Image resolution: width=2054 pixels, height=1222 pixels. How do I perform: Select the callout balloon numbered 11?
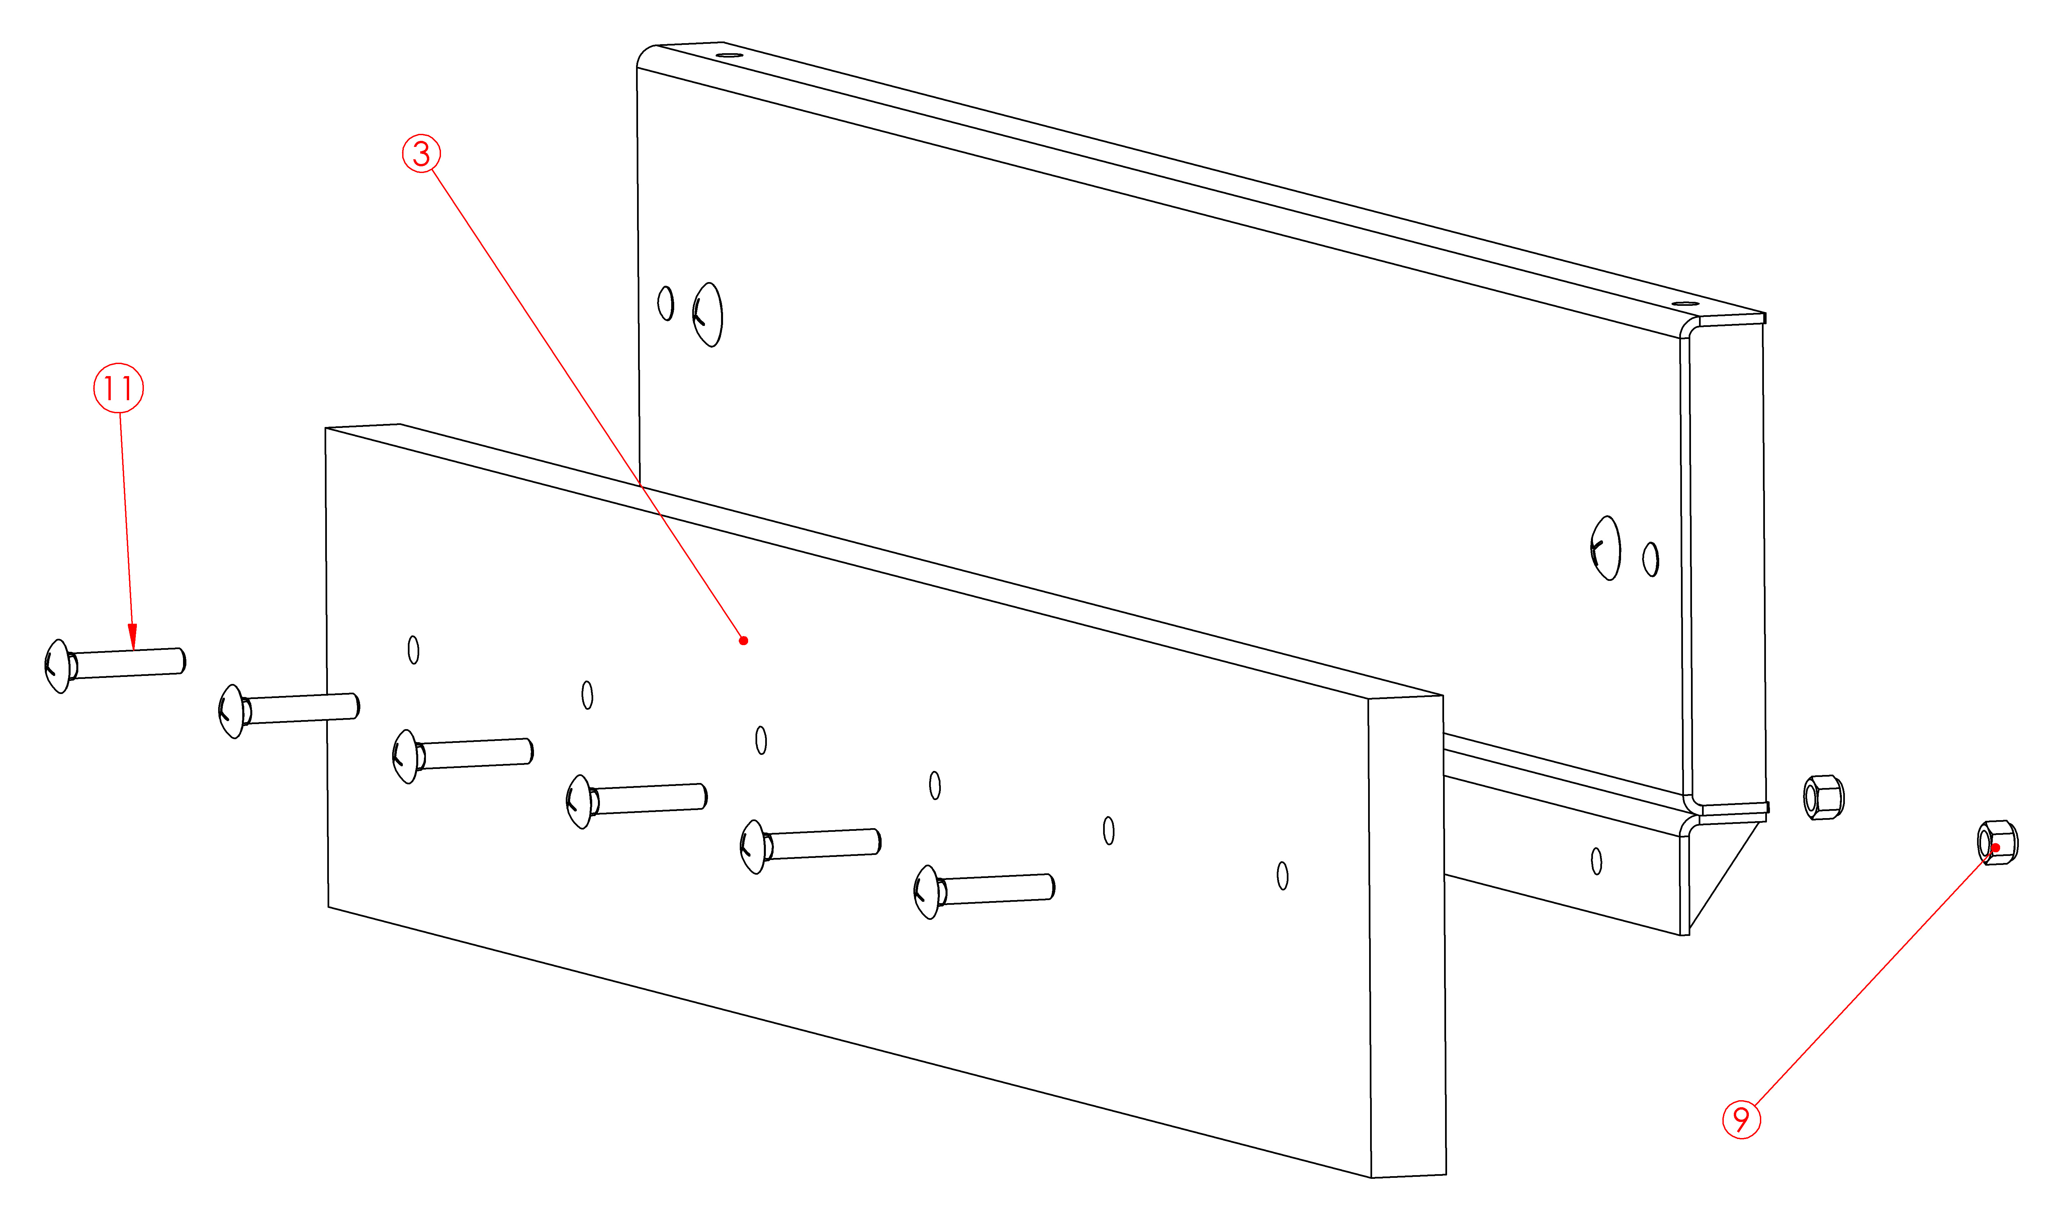tap(118, 388)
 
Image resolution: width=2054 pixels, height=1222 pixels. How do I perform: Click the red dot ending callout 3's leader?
tap(743, 641)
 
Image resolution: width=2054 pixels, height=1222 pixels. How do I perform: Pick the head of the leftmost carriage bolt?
tap(57, 666)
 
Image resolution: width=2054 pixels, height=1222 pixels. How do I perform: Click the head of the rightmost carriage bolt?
tap(926, 892)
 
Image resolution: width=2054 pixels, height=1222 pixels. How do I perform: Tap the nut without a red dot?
tap(1823, 797)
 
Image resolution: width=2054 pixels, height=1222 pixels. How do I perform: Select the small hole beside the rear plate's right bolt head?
tap(1650, 559)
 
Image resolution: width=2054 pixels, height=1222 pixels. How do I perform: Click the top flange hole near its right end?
tap(1685, 304)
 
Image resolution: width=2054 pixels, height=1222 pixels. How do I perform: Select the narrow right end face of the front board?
tap(1407, 936)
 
